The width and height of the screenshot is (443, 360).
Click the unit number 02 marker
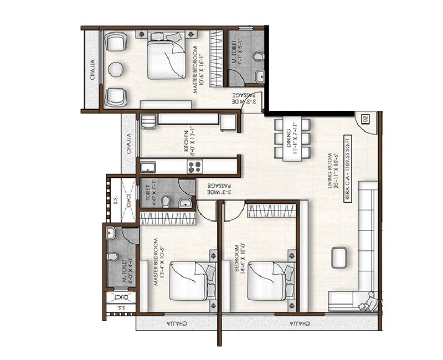(365, 119)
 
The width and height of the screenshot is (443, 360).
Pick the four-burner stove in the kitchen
(195, 166)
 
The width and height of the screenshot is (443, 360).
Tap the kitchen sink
(148, 166)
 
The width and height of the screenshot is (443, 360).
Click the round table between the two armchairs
(116, 69)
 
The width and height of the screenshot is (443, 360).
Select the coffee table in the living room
(339, 256)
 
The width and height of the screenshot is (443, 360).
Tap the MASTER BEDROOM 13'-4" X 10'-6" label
(159, 262)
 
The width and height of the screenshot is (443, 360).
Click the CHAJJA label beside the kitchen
(128, 143)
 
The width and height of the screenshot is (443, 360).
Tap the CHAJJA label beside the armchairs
(92, 69)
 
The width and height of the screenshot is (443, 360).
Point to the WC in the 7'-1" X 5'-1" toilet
(257, 56)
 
